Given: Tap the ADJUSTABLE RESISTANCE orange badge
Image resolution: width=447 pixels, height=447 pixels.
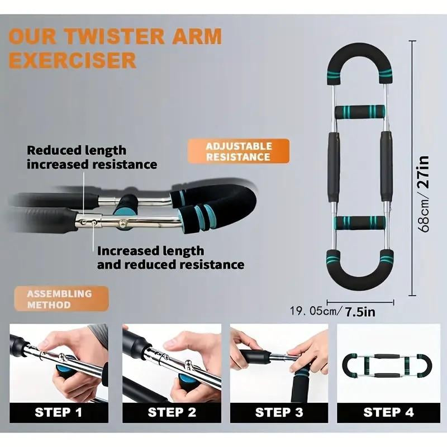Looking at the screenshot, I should [x=239, y=151].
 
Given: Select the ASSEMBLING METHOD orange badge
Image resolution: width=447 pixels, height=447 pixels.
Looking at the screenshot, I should [x=59, y=299].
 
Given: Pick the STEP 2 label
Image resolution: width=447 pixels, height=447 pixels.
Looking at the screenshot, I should [x=170, y=412].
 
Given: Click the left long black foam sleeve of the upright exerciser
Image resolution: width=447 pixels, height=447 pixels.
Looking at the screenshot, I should [x=333, y=167].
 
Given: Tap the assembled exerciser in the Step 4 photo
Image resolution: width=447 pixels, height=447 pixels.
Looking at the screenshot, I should [x=388, y=365].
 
